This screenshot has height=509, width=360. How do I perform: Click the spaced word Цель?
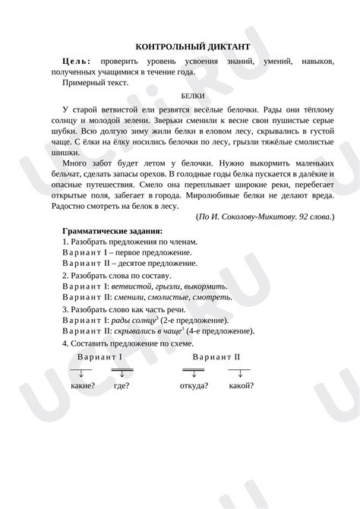78,60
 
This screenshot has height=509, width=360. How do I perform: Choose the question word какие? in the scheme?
82,385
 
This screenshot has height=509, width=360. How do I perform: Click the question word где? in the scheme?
122,385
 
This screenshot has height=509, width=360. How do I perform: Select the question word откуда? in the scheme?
195,385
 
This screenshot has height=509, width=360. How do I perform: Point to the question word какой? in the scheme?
241,385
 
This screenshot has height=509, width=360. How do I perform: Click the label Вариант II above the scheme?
216,356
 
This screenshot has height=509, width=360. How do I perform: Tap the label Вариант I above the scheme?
100,356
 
